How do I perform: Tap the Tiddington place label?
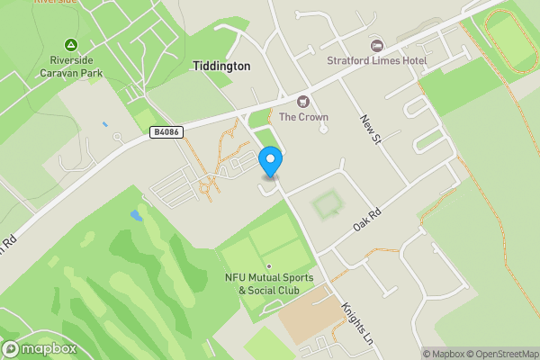[x=221, y=67]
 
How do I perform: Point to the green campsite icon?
[x=70, y=45]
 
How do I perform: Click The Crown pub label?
[x=303, y=117]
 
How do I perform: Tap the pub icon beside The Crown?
[x=302, y=101]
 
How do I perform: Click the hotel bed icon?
[x=376, y=45]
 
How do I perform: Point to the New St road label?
[x=372, y=132]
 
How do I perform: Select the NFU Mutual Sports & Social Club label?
[x=270, y=283]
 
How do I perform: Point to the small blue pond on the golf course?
[x=136, y=216]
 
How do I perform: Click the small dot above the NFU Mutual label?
[x=268, y=265]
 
